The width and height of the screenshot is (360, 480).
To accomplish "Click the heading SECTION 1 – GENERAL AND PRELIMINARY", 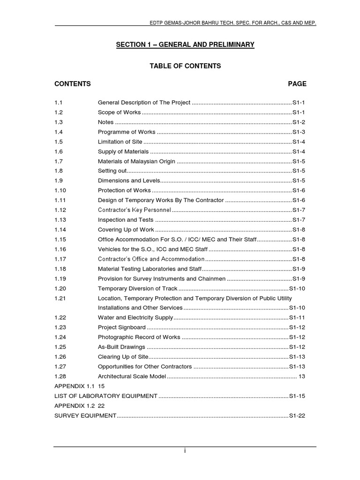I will tap(185, 45).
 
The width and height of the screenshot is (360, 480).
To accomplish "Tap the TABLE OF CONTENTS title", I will tap(185, 66).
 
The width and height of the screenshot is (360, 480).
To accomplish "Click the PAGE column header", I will tap(297, 84).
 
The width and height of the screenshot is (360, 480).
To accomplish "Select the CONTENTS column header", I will tap(73, 84).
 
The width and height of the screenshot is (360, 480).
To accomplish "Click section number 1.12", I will tap(60, 210).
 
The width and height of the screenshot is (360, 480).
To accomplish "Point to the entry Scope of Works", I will tap(119, 112).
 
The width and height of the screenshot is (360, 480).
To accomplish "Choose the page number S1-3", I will tap(299, 132).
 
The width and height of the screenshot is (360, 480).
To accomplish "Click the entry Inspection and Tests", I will tap(126, 220).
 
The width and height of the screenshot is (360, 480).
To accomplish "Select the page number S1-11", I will tap(297, 318).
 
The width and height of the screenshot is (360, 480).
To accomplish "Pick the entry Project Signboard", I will tap(121, 327).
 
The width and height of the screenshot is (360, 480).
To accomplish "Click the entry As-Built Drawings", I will tap(121, 347).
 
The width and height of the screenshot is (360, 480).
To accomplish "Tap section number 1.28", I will tap(60, 376).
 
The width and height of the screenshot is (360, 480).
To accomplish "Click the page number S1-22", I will tap(297, 415).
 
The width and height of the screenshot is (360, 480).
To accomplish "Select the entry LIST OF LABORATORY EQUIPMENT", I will tap(106, 396).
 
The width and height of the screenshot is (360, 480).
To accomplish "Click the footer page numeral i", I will tap(185, 451).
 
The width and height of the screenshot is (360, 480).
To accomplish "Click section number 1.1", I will tap(59, 103).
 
